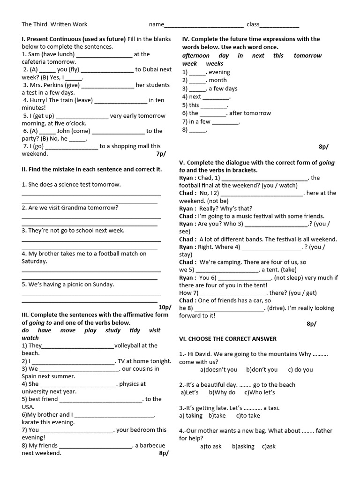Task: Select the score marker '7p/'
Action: [161, 154]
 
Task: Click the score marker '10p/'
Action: [165, 307]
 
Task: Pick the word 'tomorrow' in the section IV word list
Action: [307, 55]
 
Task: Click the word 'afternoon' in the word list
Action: [196, 55]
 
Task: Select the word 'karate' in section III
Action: [31, 422]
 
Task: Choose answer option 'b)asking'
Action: [243, 446]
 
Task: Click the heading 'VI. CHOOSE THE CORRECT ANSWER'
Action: [228, 338]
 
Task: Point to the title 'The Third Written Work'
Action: [54, 24]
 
